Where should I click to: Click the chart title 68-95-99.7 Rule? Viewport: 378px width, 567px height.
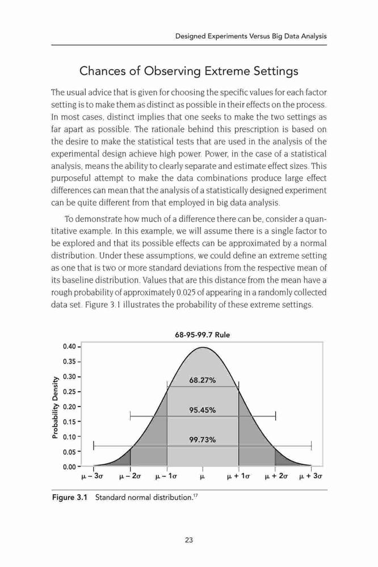pyautogui.click(x=203, y=335)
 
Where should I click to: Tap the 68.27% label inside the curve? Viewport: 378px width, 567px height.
pyautogui.click(x=203, y=380)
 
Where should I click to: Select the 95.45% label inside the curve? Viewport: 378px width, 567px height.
pyautogui.click(x=203, y=410)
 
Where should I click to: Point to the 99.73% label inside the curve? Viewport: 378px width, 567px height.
pyautogui.click(x=203, y=440)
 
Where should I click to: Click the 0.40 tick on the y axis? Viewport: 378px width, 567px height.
pyautogui.click(x=69, y=346)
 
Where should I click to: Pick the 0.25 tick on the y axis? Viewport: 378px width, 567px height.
pyautogui.click(x=69, y=392)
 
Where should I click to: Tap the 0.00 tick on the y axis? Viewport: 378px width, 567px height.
pyautogui.click(x=69, y=467)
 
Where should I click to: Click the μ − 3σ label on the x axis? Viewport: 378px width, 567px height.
pyautogui.click(x=93, y=476)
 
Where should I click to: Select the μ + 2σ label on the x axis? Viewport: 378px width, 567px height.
pyautogui.click(x=275, y=476)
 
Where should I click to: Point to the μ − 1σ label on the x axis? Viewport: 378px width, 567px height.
pyautogui.click(x=166, y=476)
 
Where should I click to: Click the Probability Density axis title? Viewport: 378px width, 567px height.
pyautogui.click(x=55, y=407)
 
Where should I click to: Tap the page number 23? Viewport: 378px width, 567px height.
pyautogui.click(x=188, y=540)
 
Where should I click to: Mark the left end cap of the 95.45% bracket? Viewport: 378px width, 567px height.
pyautogui.click(x=130, y=416)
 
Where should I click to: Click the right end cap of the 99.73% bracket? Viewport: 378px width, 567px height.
pyautogui.click(x=312, y=446)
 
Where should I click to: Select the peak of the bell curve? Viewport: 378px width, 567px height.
pyautogui.click(x=203, y=347)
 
